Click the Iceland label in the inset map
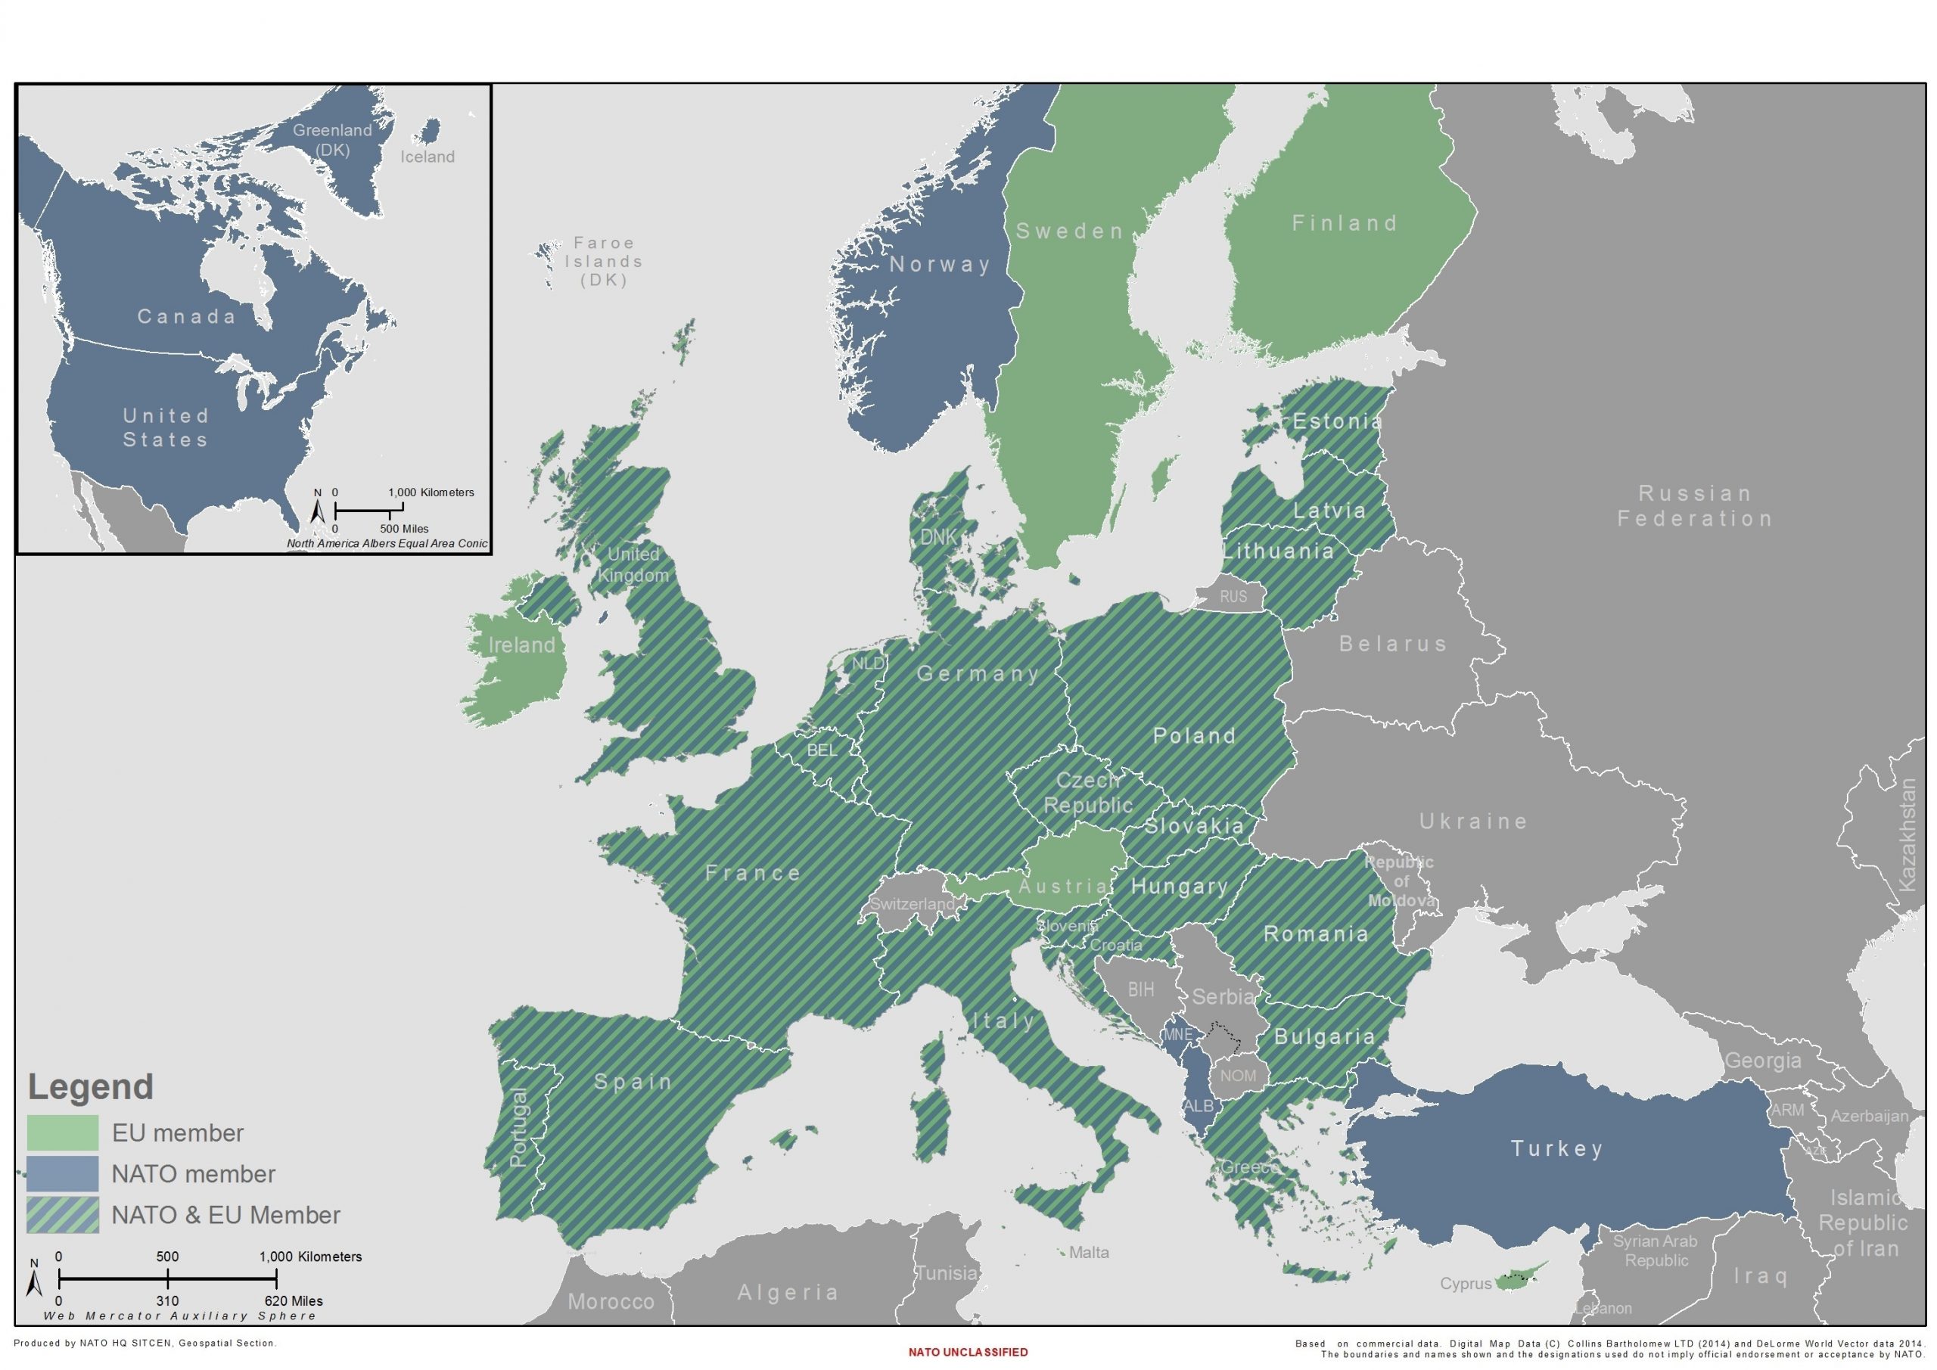pyautogui.click(x=427, y=157)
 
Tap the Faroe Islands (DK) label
pyautogui.click(x=603, y=262)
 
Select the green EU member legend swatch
pyautogui.click(x=63, y=1133)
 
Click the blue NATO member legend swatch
pyautogui.click(x=63, y=1174)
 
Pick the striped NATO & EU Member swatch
pyautogui.click(x=63, y=1216)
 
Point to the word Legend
pyautogui.click(x=91, y=1086)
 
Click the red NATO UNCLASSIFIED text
pyautogui.click(x=968, y=1353)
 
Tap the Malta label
pyautogui.click(x=1088, y=1253)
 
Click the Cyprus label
pyautogui.click(x=1466, y=1283)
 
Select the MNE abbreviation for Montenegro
pyautogui.click(x=1178, y=1034)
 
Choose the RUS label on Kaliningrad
pyautogui.click(x=1233, y=596)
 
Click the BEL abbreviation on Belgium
pyautogui.click(x=822, y=750)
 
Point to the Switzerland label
pyautogui.click(x=912, y=903)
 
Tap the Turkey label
pyautogui.click(x=1556, y=1148)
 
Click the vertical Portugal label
pyautogui.click(x=519, y=1127)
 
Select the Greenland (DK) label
pyautogui.click(x=332, y=140)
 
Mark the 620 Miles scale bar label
pyautogui.click(x=293, y=1301)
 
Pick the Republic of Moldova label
pyautogui.click(x=1401, y=881)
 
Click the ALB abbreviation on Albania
pyautogui.click(x=1198, y=1106)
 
